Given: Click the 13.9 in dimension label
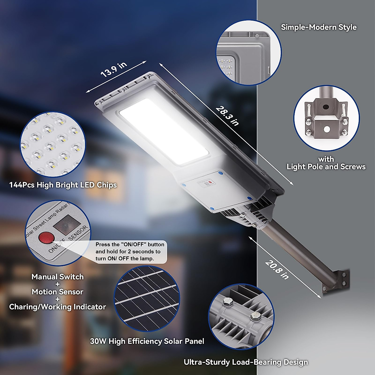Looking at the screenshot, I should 114,69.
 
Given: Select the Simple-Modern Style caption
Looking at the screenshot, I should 318,27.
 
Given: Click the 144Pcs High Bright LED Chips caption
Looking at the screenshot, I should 63,185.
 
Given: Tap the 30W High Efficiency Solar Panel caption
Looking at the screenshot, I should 147,341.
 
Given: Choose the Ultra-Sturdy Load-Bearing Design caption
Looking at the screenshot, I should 246,362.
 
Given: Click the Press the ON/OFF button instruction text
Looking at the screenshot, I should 130,252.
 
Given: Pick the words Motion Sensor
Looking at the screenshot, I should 57,292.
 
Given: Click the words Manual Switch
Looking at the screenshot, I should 57,277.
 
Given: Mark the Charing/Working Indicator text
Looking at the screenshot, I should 57,307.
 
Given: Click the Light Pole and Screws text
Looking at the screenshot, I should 326,167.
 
